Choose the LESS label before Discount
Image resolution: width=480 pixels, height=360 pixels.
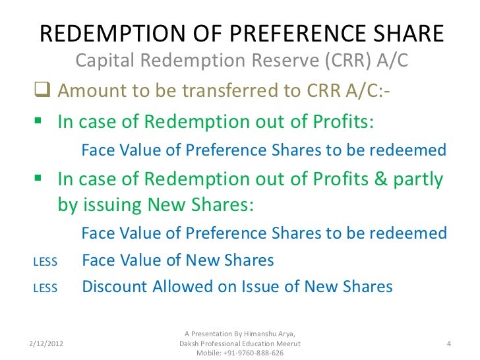(x=45, y=288)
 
